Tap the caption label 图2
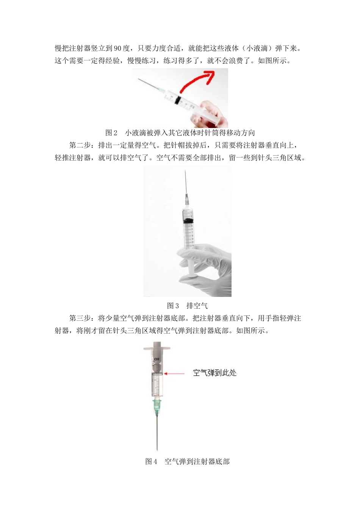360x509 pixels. click(111, 133)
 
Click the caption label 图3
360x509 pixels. click(173, 306)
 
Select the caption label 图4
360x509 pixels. click(151, 461)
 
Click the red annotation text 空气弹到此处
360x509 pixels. click(214, 373)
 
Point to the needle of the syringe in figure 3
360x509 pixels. click(185, 182)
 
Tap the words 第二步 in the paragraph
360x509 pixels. click(80, 145)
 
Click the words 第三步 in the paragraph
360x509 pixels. click(80, 318)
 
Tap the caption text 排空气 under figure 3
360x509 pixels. click(197, 306)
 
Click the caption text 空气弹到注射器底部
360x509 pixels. click(197, 461)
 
